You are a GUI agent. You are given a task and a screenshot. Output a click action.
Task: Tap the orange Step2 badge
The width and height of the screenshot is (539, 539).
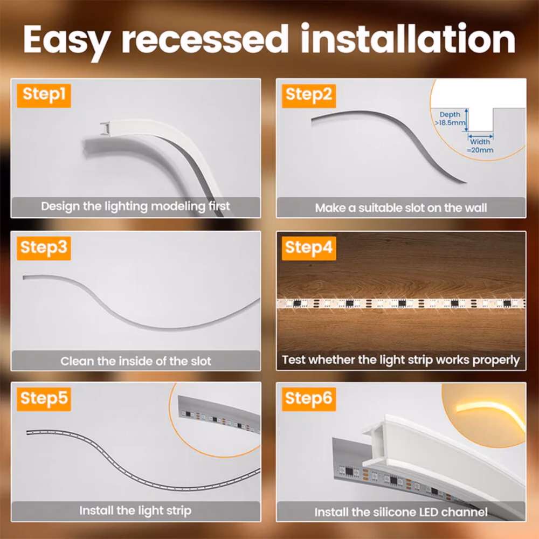309,95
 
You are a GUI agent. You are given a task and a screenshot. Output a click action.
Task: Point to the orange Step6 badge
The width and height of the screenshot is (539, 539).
309,399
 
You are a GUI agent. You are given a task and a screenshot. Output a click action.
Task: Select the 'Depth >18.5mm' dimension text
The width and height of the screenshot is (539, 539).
451,119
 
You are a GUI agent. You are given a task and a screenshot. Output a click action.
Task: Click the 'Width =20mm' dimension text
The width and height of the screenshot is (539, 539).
480,146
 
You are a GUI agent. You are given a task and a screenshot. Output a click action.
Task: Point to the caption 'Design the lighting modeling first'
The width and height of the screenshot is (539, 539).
135,206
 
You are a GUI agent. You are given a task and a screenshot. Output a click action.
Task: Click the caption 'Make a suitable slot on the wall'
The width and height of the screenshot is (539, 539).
400,208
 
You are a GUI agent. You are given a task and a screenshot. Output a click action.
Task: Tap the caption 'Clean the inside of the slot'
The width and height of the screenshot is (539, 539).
135,361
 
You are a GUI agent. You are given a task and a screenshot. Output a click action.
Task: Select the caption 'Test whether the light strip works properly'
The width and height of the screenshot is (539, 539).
400,360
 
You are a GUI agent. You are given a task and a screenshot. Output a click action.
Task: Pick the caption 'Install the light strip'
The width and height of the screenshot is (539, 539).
135,510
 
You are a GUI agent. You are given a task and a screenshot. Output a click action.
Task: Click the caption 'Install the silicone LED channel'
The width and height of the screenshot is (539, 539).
400,512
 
